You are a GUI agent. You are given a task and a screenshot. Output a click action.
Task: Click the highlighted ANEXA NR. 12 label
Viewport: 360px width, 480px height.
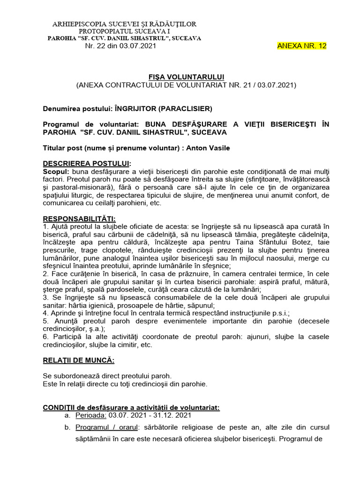pyautogui.click(x=302, y=46)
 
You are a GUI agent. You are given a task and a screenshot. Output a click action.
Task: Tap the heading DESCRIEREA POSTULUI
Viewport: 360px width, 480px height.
pyautogui.click(x=87, y=164)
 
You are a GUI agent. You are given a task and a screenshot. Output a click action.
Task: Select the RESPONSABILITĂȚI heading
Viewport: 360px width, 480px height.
pyautogui.click(x=79, y=219)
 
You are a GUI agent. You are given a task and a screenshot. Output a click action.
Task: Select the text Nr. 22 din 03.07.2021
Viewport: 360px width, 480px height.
pyautogui.click(x=120, y=46)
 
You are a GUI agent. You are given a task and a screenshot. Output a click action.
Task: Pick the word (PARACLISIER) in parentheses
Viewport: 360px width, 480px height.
pyautogui.click(x=185, y=109)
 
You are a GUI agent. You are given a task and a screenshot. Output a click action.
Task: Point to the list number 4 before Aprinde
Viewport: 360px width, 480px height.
pyautogui.click(x=45, y=313)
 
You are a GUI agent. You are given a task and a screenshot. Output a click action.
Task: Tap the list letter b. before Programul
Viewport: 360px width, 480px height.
pyautogui.click(x=67, y=428)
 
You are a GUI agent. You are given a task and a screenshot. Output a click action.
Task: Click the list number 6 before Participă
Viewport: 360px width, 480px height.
pyautogui.click(x=45, y=337)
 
